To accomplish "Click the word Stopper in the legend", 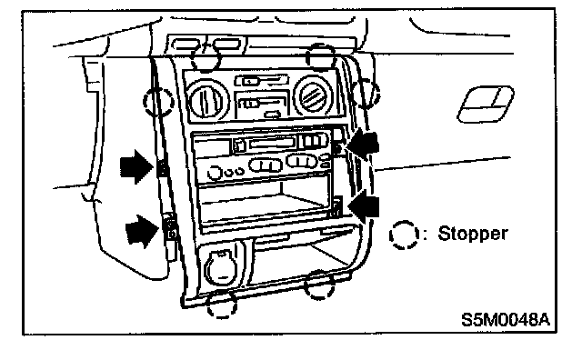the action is [x=473, y=234].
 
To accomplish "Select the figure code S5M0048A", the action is [x=506, y=320].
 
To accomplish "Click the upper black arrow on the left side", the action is [x=136, y=166].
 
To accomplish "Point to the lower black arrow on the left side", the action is [x=142, y=232].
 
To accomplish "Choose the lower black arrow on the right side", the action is [x=364, y=206].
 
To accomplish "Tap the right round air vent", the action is [x=313, y=95].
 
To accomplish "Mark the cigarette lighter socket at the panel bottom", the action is [x=221, y=267].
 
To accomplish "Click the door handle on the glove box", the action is [x=486, y=105].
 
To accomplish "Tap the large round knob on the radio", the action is [x=215, y=173].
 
